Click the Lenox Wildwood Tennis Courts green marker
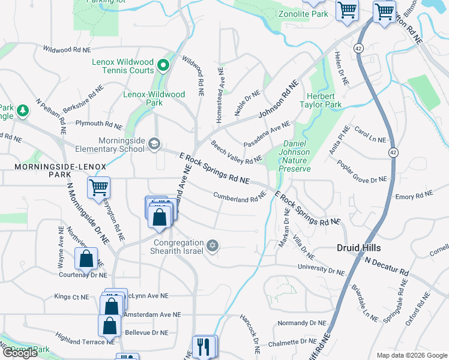[162, 64]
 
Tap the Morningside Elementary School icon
[155, 143]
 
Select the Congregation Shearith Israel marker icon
[211, 245]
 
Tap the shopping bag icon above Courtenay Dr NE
[86, 259]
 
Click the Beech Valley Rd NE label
[236, 152]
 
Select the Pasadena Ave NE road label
[267, 134]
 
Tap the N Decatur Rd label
[387, 268]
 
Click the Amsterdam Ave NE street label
[151, 314]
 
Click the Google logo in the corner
[20, 353]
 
